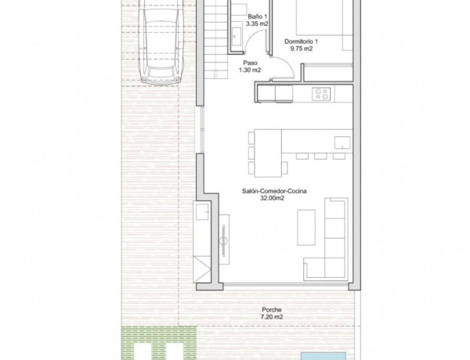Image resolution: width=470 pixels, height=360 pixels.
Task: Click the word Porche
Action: click(272, 309)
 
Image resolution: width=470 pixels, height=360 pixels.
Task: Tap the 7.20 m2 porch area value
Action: click(272, 317)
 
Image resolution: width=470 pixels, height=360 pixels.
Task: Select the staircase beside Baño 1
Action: click(219, 31)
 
